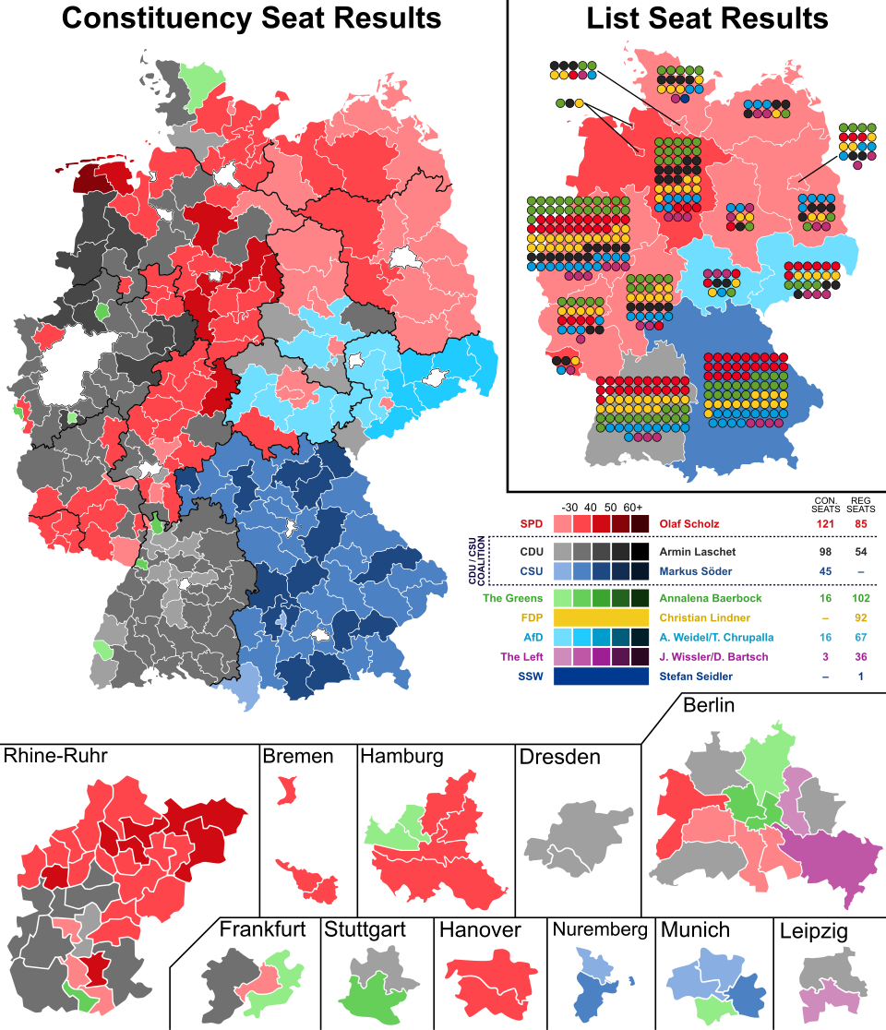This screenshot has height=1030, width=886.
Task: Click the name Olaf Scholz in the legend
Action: point(688,524)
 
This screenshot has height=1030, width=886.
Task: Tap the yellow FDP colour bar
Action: point(602,617)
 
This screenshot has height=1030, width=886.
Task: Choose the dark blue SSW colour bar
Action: point(602,677)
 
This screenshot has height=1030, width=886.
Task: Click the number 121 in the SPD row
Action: point(824,524)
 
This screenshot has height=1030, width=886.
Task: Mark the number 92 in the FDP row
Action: point(861,617)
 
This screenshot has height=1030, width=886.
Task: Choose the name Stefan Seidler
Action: point(695,677)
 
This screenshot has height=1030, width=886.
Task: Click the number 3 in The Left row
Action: point(824,657)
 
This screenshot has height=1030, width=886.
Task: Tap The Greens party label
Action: point(512,598)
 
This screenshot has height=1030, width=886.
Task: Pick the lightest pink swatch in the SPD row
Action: point(563,524)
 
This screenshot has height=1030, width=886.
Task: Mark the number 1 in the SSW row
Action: point(861,677)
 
